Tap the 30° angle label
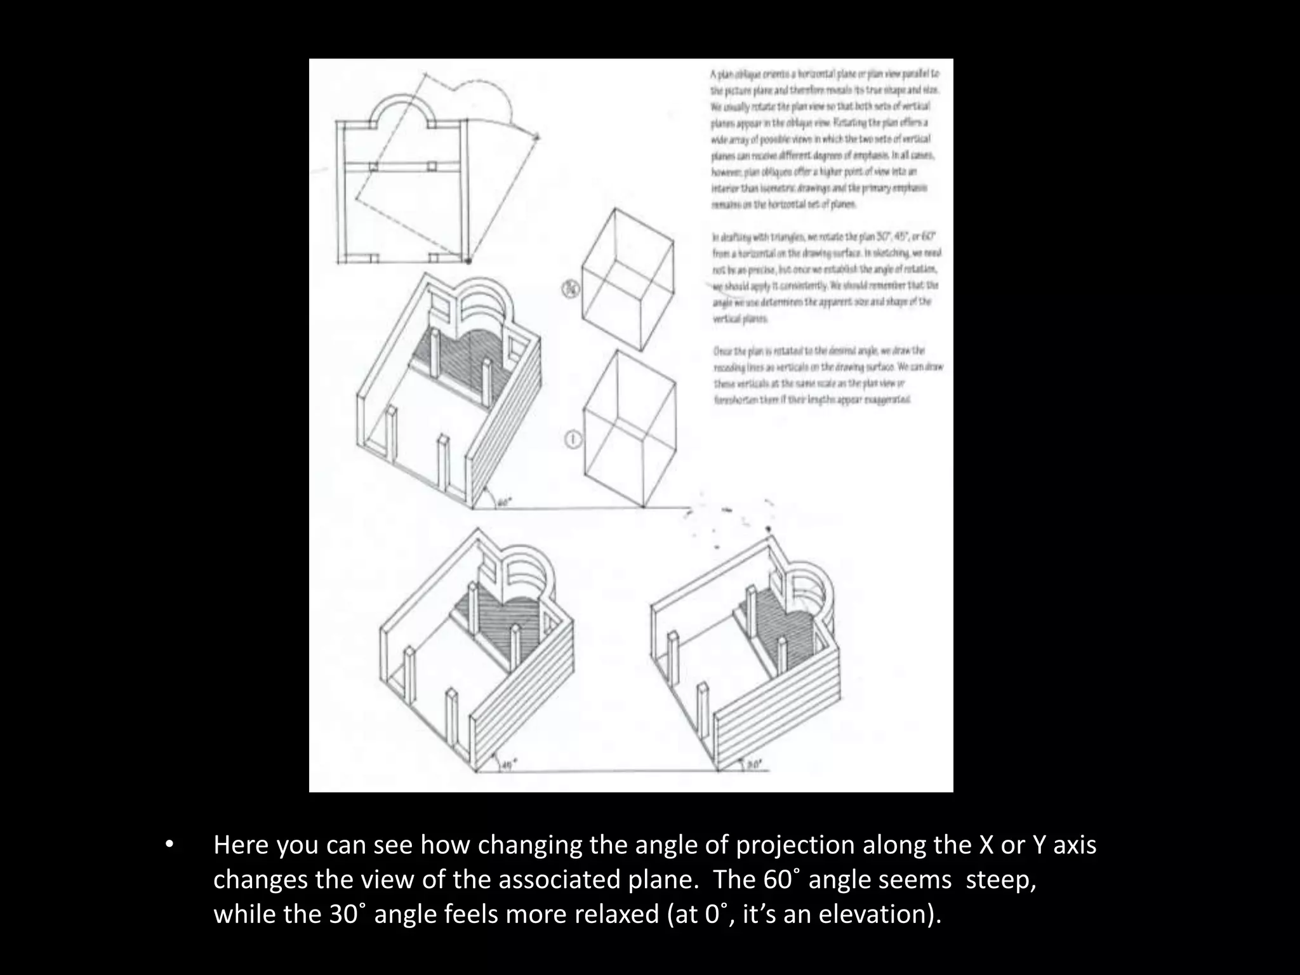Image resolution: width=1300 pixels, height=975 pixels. (x=753, y=765)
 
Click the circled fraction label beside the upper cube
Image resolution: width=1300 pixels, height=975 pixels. (x=571, y=290)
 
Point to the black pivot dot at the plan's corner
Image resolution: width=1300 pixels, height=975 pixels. (x=468, y=260)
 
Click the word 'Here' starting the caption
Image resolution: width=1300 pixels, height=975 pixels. (x=242, y=846)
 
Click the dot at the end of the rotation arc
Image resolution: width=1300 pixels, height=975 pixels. (x=537, y=136)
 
